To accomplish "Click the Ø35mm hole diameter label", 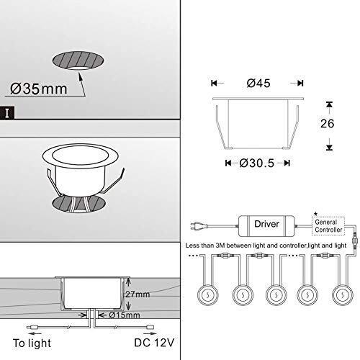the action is click(x=39, y=89).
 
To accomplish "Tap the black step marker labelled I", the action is click(x=7, y=113).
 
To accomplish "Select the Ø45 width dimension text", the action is click(x=258, y=84).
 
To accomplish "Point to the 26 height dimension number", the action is click(x=327, y=123).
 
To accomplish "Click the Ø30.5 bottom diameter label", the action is click(x=256, y=163).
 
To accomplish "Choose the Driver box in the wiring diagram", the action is click(x=266, y=226).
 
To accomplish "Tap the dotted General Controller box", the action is click(x=328, y=226).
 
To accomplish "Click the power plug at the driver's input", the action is click(x=199, y=226).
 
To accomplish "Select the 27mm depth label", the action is click(x=138, y=294).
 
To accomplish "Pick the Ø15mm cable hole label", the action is click(x=125, y=315).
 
